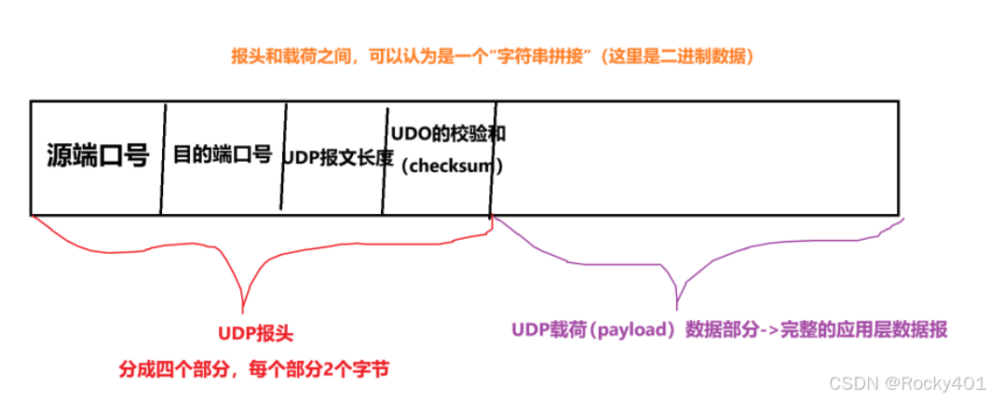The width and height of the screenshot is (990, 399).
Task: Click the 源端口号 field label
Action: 97,156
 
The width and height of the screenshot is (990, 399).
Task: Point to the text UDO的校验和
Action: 448,133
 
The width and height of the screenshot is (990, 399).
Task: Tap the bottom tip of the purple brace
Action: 677,304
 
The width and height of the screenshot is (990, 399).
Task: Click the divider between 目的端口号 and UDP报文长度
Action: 282,156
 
